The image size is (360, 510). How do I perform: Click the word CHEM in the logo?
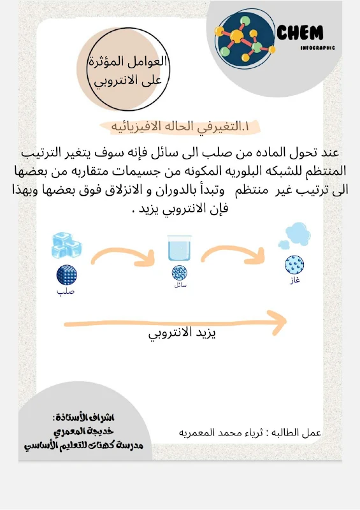click(301, 33)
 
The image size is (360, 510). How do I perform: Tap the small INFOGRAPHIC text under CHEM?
click(317, 47)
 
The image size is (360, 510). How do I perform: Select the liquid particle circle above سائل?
click(179, 273)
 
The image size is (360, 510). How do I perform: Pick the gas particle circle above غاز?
click(293, 263)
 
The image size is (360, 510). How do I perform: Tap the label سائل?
click(179, 285)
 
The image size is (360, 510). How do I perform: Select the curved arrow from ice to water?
click(123, 254)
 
